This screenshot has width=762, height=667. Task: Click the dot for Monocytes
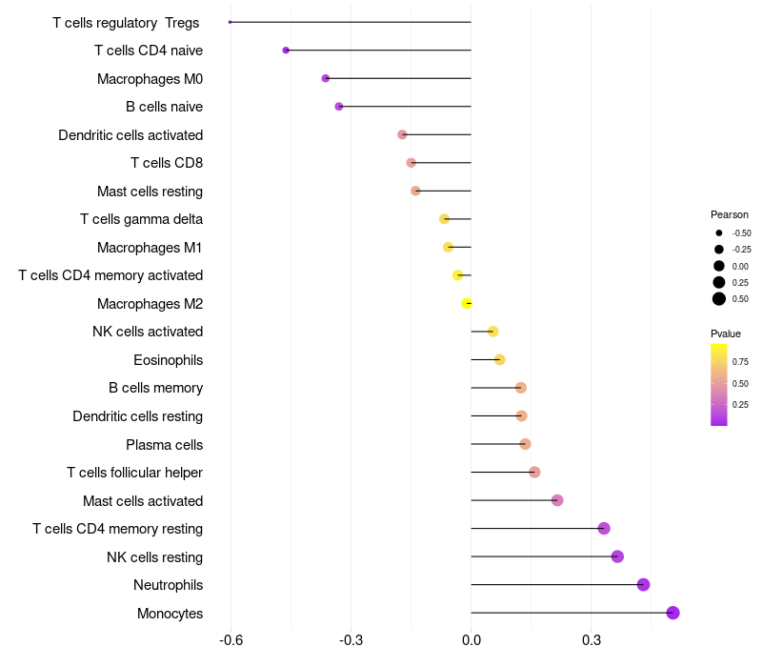673,613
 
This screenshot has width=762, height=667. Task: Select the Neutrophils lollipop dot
643,585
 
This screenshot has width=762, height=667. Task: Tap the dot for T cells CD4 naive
286,50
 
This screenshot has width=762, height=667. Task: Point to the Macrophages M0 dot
326,78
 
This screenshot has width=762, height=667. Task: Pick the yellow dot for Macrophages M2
466,303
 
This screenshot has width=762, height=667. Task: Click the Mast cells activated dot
557,500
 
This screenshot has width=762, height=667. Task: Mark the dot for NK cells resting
617,556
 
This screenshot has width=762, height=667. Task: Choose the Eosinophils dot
500,359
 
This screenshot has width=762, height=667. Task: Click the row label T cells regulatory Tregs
126,22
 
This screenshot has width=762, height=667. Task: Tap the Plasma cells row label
164,444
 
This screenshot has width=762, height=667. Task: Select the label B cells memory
155,388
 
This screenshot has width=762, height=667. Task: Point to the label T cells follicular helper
134,473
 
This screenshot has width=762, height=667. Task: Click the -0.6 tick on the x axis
231,638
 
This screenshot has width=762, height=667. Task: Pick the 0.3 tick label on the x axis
592,638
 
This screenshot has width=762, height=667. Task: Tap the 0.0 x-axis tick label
471,638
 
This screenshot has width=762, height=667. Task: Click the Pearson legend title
730,214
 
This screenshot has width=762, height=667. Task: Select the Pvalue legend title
726,333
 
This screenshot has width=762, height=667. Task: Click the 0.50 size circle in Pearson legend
719,299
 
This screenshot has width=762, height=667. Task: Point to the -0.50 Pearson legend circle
719,232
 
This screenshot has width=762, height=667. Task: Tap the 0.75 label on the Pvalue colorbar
741,362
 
